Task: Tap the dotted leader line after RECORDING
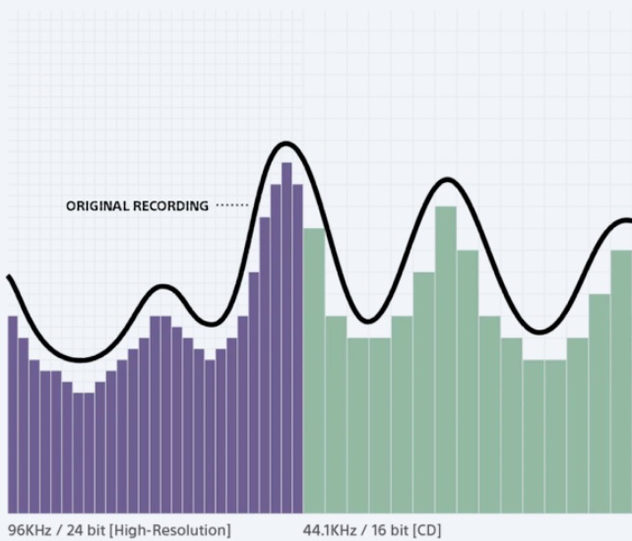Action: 232,207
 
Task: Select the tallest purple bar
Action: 286,334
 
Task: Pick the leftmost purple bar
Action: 13,413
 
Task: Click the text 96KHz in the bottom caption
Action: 29,531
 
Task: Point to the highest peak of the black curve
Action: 286,145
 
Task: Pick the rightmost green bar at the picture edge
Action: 622,393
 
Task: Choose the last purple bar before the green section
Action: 297,344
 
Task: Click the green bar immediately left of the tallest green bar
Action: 424,393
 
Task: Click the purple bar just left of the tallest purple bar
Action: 276,344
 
